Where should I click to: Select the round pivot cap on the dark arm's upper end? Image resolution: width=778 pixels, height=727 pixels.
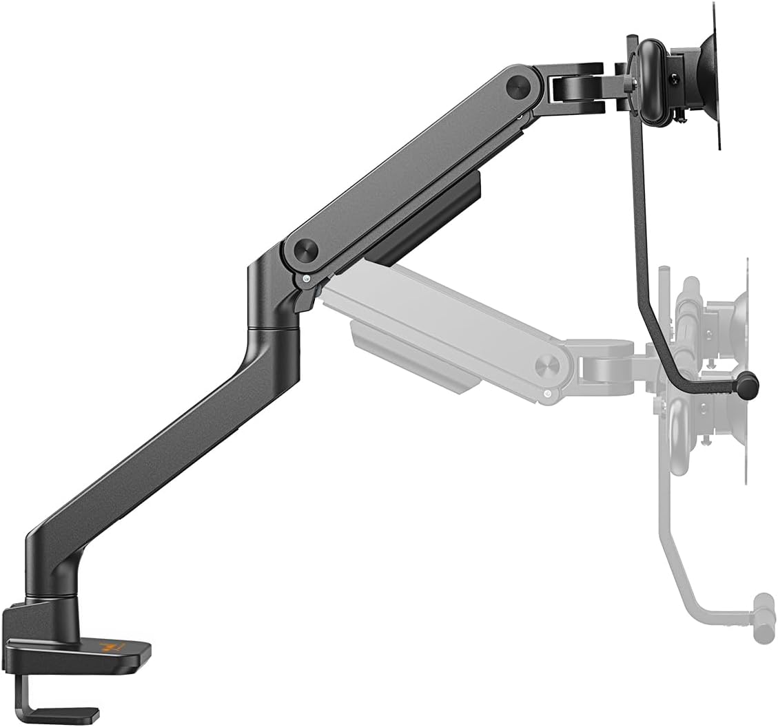[518, 86]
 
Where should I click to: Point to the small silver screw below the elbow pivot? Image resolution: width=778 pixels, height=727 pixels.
[305, 279]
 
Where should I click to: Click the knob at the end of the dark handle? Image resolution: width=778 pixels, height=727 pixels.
[747, 385]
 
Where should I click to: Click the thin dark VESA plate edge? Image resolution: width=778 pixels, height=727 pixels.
[717, 76]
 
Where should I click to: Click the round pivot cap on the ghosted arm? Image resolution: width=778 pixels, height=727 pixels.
[547, 365]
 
